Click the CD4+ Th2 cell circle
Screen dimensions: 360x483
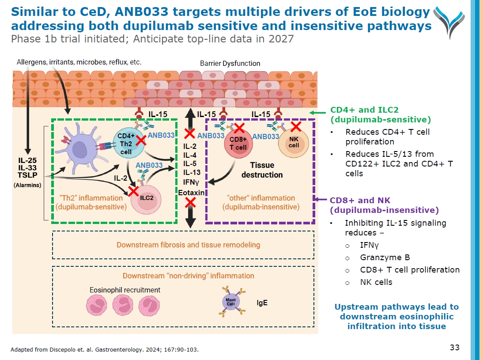coord(126,143)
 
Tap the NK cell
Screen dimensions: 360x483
coord(294,142)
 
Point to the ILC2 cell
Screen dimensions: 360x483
coord(147,197)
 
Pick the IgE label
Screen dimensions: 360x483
coord(262,303)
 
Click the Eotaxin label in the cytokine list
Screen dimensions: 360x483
coord(191,193)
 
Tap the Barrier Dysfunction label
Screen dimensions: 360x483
coord(230,63)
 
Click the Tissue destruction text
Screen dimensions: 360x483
coord(262,170)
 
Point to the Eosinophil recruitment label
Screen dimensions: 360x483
coord(125,290)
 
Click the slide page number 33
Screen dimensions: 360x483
coord(455,348)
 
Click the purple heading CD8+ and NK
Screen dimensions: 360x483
coord(360,201)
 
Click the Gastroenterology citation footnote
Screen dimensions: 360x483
coord(105,350)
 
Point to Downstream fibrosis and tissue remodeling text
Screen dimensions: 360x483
coord(188,245)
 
